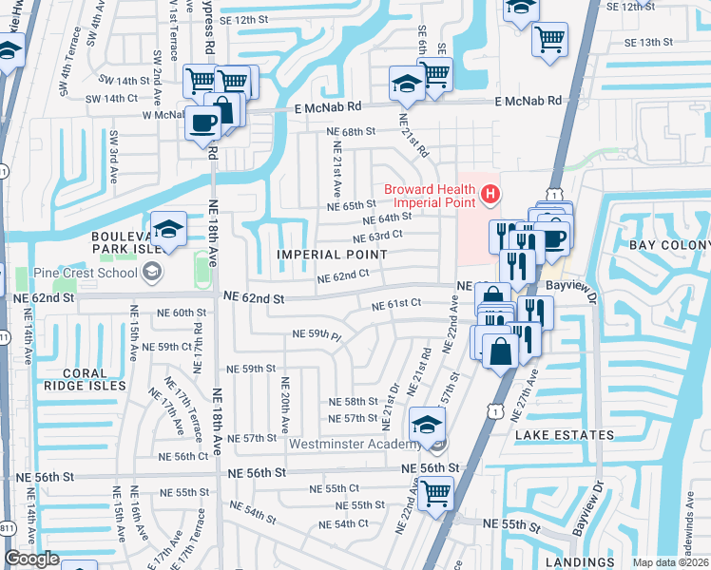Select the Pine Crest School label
(x=93, y=274)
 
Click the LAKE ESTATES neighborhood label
(x=566, y=435)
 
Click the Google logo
(x=31, y=559)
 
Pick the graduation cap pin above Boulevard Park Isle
(x=168, y=229)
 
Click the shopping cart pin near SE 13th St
(x=549, y=40)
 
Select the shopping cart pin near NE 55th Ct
(x=435, y=492)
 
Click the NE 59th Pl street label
(x=317, y=334)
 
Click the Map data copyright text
(x=670, y=562)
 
